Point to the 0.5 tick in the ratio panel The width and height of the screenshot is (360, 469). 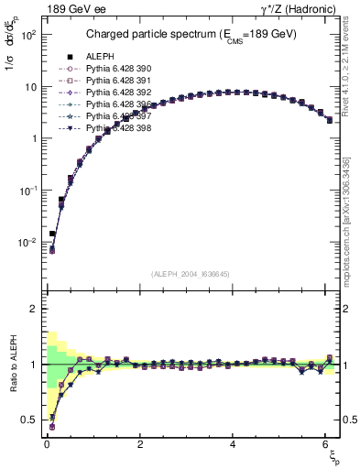(x=29, y=420)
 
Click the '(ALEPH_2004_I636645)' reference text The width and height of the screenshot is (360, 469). (x=190, y=272)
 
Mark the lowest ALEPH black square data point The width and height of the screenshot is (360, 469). (x=52, y=234)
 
